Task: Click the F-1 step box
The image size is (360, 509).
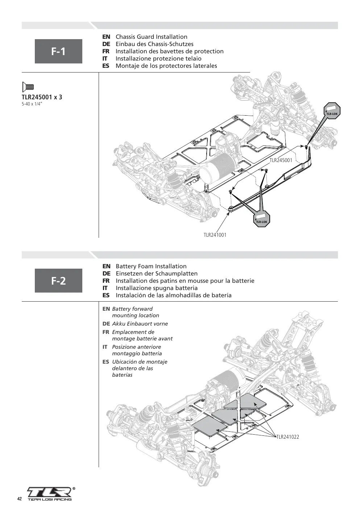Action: point(58,51)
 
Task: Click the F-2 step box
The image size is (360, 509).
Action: point(58,281)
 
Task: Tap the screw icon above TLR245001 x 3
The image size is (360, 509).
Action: point(28,87)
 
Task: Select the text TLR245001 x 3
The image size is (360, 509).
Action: point(42,97)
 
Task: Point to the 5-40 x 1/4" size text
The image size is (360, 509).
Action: point(32,105)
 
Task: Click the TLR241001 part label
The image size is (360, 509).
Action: point(215,235)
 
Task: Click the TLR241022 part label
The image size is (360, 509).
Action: point(287,437)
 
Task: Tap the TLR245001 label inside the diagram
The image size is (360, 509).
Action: point(281,161)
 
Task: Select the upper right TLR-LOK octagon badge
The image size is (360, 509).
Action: point(332,111)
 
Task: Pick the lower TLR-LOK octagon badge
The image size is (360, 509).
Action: point(262,219)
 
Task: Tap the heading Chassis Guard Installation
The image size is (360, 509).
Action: point(152,37)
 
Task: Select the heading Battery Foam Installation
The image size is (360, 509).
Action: point(151,266)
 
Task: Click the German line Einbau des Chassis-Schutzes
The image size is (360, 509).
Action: point(154,44)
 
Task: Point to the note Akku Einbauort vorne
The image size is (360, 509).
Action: point(140,324)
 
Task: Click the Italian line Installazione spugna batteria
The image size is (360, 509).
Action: point(157,288)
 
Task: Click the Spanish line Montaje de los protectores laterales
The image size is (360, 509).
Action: point(166,66)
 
